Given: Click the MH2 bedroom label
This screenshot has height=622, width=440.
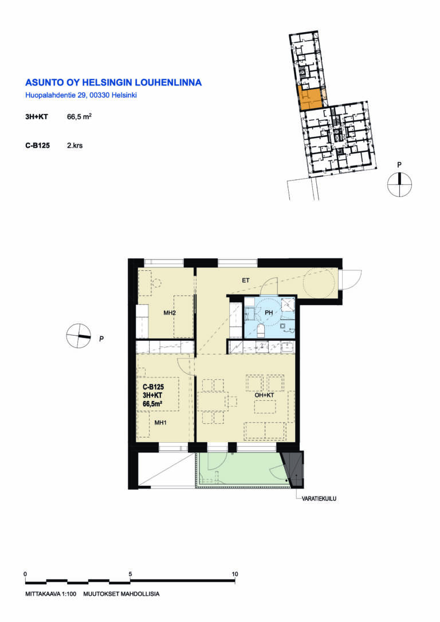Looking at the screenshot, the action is click(x=170, y=313).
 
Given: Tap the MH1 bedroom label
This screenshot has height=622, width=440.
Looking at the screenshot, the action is click(x=160, y=423).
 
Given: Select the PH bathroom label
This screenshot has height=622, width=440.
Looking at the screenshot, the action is click(x=269, y=313).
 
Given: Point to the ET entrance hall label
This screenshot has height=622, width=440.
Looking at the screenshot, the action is click(x=246, y=281).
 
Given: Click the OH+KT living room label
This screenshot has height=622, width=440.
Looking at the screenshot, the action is click(x=264, y=395).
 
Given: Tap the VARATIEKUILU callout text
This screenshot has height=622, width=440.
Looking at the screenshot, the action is click(x=319, y=499).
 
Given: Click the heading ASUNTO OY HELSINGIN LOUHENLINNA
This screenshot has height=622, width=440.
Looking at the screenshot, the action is click(x=113, y=82).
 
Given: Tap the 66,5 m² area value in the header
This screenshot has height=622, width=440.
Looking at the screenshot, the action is click(x=80, y=117).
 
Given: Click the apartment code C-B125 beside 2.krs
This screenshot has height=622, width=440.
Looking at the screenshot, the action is click(x=38, y=145).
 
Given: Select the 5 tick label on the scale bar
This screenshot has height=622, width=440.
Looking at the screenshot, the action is click(x=130, y=574).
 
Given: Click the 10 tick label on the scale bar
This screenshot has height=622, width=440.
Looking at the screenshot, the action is click(x=235, y=574).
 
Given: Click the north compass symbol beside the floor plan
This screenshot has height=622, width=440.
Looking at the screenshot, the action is click(x=78, y=336).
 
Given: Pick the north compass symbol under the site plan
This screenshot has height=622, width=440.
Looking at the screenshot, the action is click(x=399, y=184).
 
